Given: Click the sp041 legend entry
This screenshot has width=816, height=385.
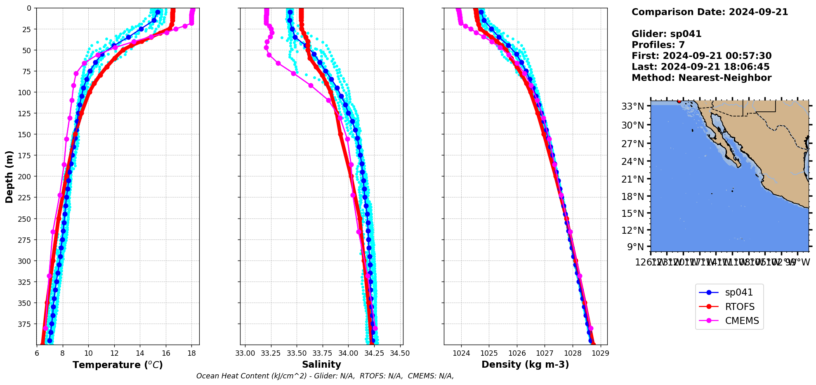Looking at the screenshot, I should tap(738, 293).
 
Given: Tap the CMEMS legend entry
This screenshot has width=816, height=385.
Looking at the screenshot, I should tap(741, 321).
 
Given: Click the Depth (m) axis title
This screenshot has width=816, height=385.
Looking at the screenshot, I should tap(9, 176).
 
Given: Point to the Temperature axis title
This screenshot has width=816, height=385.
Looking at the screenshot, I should tap(118, 365).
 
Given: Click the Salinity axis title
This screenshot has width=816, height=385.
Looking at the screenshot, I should tap(321, 364).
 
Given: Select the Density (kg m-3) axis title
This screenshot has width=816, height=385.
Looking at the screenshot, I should tap(525, 364).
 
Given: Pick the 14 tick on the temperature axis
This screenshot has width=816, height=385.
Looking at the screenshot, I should tap(140, 353).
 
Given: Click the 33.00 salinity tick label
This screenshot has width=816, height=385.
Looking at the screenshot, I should tap(245, 353).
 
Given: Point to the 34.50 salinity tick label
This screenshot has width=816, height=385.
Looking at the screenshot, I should tap(400, 353).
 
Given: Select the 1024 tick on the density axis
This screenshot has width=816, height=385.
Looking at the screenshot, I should tap(461, 353).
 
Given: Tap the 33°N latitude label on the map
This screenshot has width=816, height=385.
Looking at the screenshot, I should tap(632, 107).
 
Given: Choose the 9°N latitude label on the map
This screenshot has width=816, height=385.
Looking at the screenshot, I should tap(635, 247).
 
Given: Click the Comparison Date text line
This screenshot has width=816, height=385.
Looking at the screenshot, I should tap(710, 12).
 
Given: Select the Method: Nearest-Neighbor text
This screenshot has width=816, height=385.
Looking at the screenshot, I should tap(701, 78).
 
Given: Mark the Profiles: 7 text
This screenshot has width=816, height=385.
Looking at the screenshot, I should tap(658, 45).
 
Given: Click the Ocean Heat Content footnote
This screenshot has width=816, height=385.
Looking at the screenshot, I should tap(325, 376).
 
